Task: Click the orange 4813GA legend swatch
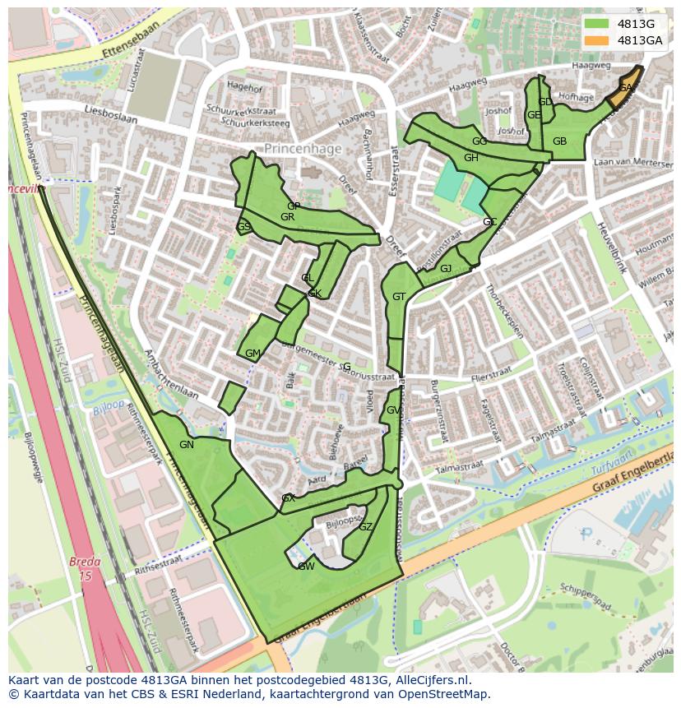pos(597,40)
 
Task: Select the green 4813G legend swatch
pos(597,24)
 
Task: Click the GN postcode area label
pos(187,445)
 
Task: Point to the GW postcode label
pos(306,566)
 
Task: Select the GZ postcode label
pos(366,527)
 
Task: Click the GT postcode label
pos(399,297)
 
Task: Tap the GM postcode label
pos(252,354)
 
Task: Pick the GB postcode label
pos(559,141)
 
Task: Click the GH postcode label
pos(470,158)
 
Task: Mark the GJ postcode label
pos(445,269)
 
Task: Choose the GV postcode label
pos(393,410)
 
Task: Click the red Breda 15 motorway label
pos(85,569)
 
